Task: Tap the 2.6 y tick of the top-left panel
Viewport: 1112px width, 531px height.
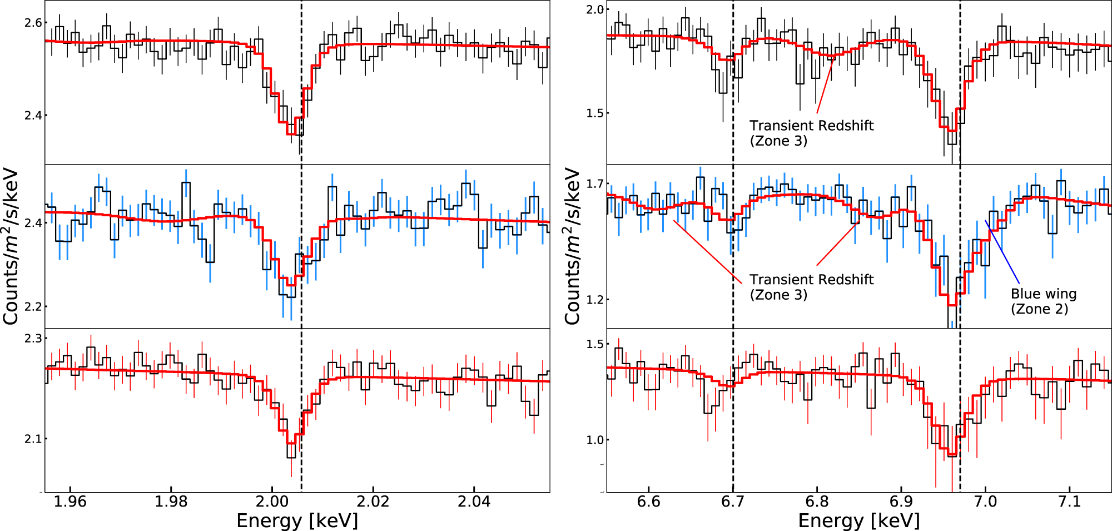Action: point(33,23)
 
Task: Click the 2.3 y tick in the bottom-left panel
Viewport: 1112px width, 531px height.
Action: point(33,338)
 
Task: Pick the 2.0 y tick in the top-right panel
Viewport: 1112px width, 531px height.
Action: point(595,9)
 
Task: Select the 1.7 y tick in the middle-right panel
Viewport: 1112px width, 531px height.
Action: point(595,183)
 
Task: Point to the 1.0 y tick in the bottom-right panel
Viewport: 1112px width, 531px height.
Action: point(595,440)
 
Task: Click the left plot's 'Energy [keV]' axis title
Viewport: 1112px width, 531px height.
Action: point(297,521)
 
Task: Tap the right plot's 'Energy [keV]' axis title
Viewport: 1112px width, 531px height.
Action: point(858,521)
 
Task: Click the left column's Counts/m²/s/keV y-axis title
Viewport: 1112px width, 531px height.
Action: point(11,246)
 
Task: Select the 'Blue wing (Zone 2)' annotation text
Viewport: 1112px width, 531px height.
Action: point(1043,301)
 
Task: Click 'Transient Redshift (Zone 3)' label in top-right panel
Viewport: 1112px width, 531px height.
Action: point(811,133)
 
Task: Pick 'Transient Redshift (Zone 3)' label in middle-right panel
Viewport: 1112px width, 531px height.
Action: point(811,287)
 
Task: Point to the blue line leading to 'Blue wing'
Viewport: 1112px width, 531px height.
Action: point(1002,252)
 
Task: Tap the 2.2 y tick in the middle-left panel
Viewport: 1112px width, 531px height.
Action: point(33,306)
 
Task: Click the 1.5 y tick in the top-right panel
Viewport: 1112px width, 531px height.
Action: point(595,113)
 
